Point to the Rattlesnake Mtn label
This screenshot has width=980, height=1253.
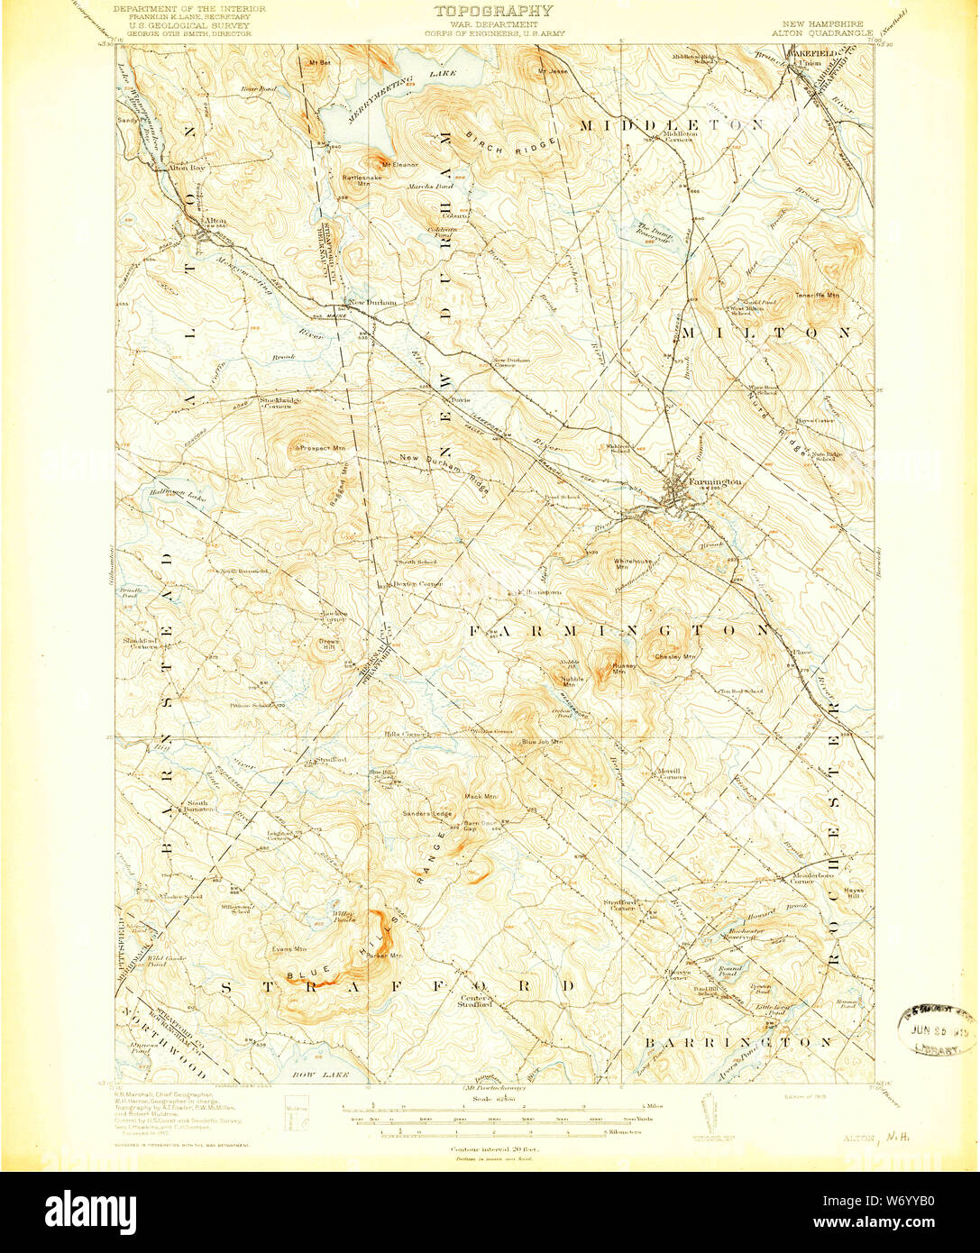coord(356,180)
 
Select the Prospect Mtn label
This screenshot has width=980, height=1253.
coord(326,447)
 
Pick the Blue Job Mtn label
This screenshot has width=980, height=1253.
coord(543,742)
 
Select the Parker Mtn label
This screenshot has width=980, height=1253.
coord(383,956)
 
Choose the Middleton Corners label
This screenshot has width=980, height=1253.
coord(677,137)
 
